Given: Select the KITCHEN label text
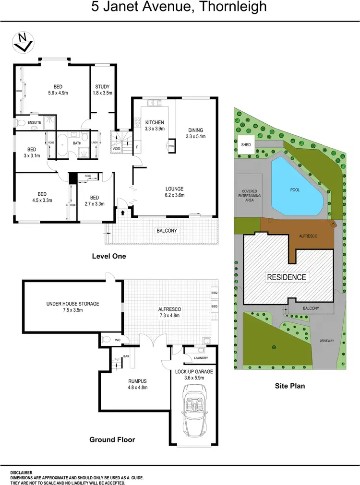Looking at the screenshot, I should coord(155,122).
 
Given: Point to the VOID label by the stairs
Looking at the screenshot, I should coord(116,149).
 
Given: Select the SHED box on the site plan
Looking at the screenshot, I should coord(246,144).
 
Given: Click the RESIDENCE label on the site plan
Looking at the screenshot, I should coord(286,277).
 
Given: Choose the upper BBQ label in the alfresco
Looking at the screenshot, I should coord(214,292).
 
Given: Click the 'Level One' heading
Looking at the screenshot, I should coord(109,256).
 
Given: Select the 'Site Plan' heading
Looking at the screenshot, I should coord(289,386).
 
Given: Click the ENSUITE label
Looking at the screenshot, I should coord(34,122).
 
